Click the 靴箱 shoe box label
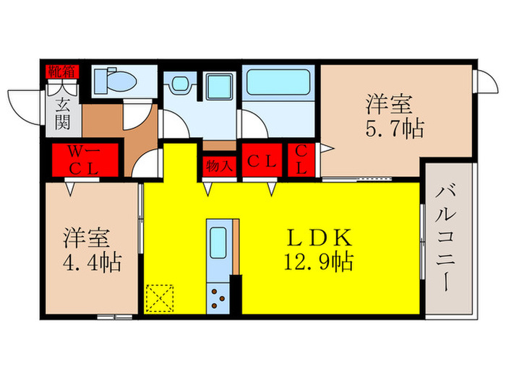[62, 71]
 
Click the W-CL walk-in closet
[84, 161]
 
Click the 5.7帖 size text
[395, 131]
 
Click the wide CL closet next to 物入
[262, 162]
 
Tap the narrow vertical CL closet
[301, 161]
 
